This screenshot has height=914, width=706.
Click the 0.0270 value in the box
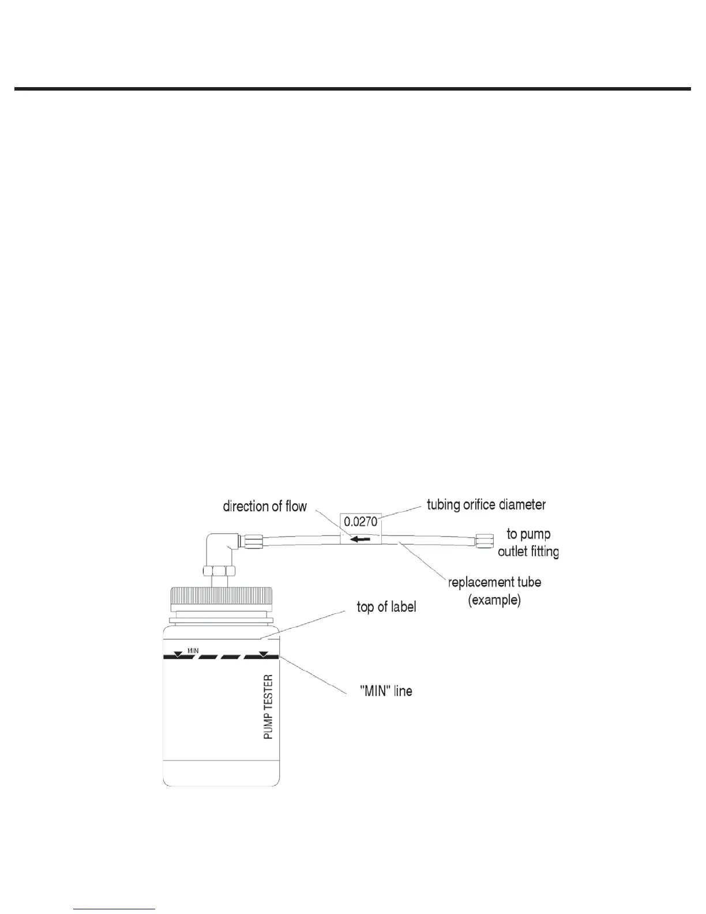(360, 522)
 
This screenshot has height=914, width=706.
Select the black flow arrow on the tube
(360, 540)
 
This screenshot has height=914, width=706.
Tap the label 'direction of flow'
(265, 507)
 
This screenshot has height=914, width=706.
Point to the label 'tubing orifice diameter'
(486, 505)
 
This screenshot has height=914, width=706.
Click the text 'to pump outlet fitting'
(528, 542)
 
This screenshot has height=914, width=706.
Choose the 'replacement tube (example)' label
(495, 590)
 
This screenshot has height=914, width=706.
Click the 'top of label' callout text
(386, 607)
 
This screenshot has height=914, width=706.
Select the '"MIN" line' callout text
(386, 691)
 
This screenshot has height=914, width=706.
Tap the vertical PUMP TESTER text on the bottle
(268, 707)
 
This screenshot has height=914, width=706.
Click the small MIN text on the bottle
(193, 651)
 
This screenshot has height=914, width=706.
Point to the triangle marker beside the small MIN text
(178, 654)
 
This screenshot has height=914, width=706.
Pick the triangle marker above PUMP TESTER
(263, 654)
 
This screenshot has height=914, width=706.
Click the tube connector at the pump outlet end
(484, 541)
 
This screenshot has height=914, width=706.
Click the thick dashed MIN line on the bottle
(221, 657)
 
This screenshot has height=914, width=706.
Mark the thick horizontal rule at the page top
(352, 89)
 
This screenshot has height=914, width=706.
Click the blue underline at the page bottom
(115, 909)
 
